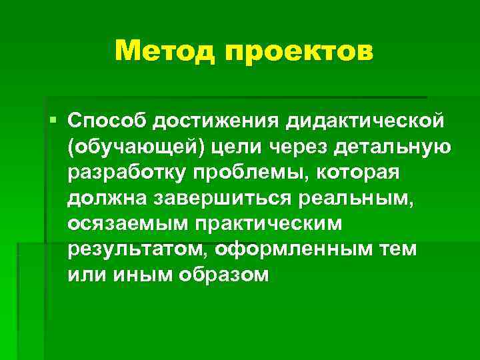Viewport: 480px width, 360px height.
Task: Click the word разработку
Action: [124, 173]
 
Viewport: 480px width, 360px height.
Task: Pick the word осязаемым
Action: [127, 223]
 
